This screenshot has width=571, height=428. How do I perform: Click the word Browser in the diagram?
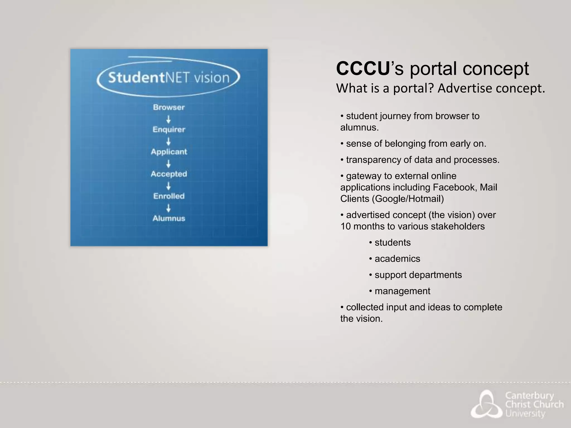click(x=169, y=107)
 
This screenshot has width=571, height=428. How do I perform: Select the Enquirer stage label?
click(x=169, y=130)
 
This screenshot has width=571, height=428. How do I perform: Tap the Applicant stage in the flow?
click(x=169, y=152)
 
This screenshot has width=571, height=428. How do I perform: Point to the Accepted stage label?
click(x=169, y=174)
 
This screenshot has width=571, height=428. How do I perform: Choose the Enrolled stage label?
click(x=169, y=196)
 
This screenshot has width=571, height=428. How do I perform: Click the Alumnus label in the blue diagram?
click(x=169, y=218)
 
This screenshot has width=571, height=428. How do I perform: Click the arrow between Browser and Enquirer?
click(x=168, y=119)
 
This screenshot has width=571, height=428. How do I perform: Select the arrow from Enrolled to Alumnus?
click(x=168, y=208)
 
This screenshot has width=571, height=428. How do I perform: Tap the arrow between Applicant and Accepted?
click(x=168, y=164)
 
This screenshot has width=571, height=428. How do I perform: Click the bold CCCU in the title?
click(x=362, y=69)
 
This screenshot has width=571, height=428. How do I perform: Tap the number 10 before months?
click(x=346, y=226)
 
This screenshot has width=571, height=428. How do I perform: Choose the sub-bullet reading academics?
click(x=397, y=259)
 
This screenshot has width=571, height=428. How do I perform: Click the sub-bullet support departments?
click(x=418, y=275)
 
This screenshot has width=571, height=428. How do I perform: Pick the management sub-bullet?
click(x=402, y=291)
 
